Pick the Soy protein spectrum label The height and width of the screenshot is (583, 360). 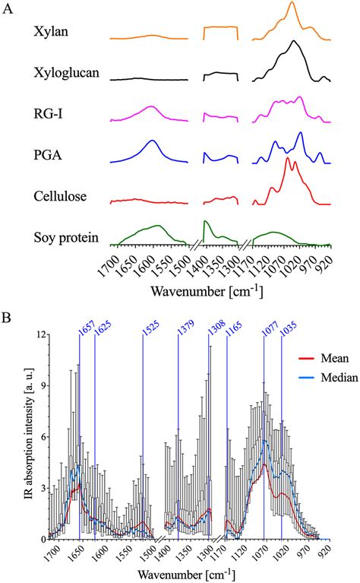pos(66,238)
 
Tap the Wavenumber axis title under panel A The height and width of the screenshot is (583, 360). pos(210,290)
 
